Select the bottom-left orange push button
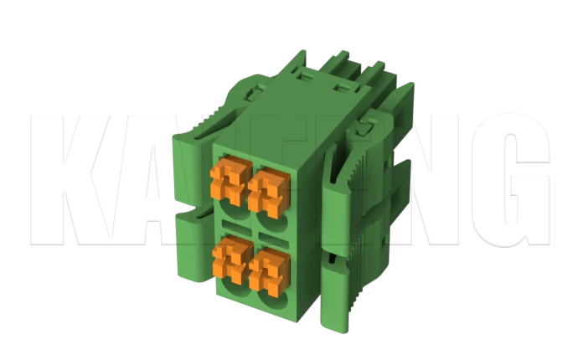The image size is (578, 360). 227,259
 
